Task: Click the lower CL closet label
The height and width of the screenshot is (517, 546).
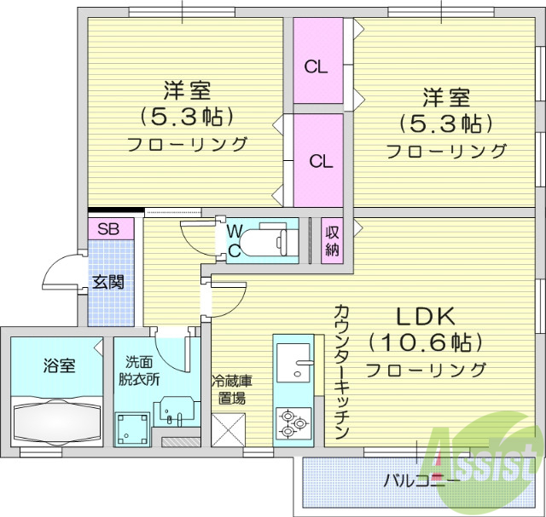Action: tap(320, 160)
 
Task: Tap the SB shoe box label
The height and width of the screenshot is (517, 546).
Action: tap(108, 228)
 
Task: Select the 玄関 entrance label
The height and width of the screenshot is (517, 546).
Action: tap(108, 281)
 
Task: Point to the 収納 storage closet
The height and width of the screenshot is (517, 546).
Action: tap(332, 241)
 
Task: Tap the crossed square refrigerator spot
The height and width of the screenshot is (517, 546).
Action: tap(228, 428)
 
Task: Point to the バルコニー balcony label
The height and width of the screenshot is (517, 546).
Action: tap(421, 481)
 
